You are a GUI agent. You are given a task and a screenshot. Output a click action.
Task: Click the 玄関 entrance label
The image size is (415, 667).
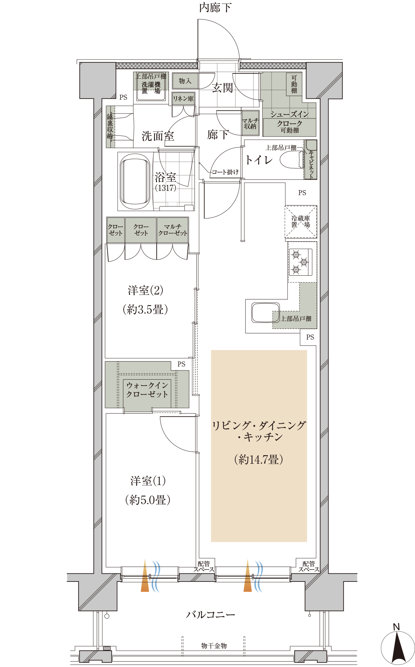tap(222, 88)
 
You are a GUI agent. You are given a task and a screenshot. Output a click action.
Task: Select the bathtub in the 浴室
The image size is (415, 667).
tap(135, 182)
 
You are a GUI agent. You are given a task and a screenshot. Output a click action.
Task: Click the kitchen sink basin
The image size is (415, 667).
tap(265, 313)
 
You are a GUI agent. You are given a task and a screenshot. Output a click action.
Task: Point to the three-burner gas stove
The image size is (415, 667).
tap(301, 262)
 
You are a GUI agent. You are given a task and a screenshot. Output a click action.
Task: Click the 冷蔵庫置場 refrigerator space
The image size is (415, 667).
tap(301, 222)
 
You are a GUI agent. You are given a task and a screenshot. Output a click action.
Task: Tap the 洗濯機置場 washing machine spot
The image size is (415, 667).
tap(151, 88)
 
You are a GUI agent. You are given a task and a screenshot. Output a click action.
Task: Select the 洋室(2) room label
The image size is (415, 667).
tap(146, 291)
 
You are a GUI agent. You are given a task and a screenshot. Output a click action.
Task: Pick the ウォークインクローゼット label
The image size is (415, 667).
tap(147, 390)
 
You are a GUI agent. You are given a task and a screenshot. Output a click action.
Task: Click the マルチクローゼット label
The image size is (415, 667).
tap(173, 230)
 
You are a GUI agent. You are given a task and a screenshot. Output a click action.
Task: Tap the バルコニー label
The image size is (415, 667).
tap(210, 614)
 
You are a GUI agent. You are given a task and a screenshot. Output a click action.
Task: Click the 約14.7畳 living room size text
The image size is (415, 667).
tap(259, 459)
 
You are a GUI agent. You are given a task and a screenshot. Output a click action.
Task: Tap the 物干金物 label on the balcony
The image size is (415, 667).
tap(214, 646)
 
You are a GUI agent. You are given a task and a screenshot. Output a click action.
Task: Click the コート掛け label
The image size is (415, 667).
tap(225, 172)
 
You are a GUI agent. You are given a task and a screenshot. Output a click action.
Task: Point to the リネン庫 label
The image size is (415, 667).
tap(183, 99)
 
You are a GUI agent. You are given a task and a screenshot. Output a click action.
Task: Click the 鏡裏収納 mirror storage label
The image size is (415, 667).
tap(110, 126)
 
